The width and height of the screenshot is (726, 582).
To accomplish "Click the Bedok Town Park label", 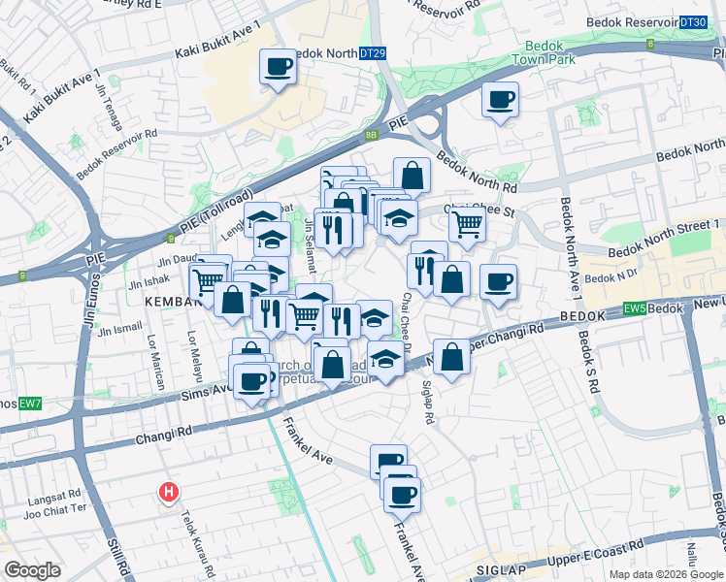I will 550,52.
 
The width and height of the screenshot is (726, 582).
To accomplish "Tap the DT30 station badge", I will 693,22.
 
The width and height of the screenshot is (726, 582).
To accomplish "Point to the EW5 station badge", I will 635,308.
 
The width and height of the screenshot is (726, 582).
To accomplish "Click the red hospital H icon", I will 169,492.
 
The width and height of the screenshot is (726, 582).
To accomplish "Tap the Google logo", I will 33,570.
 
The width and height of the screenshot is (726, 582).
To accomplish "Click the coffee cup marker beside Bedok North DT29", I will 279,68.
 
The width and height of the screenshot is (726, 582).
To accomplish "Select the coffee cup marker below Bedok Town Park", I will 501,100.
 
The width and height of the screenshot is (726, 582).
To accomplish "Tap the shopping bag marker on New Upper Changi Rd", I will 452,357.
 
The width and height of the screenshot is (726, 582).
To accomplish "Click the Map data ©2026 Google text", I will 665,573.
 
